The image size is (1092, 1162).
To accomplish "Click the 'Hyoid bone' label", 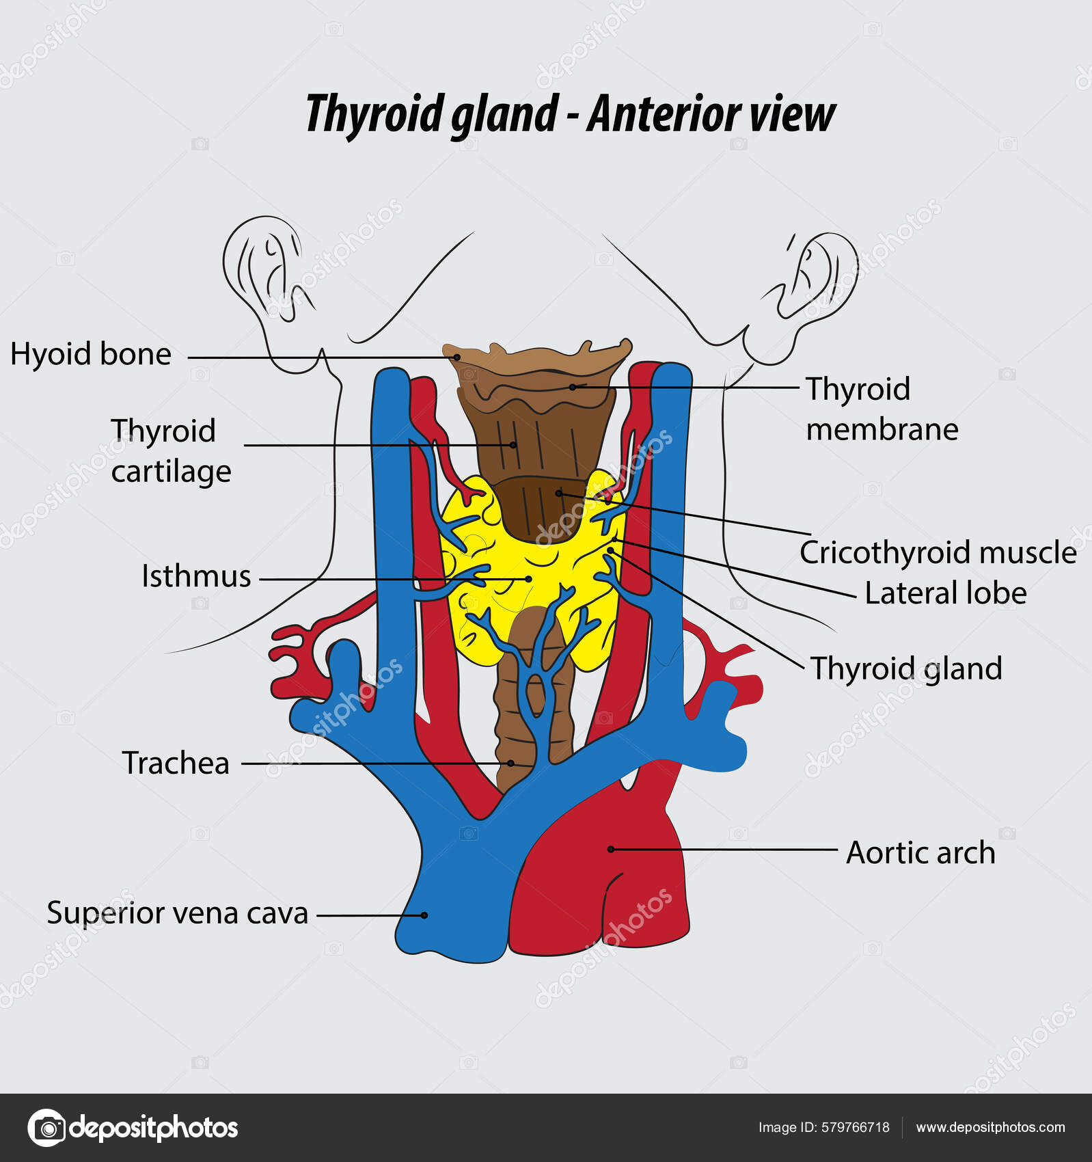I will (90, 354).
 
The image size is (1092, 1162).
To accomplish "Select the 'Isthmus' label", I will (196, 576).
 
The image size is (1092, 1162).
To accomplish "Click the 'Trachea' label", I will (176, 763).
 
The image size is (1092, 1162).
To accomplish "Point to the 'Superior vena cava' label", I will (177, 913).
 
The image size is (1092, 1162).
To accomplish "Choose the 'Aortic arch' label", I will (920, 852).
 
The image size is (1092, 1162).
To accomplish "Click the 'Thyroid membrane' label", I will (882, 409).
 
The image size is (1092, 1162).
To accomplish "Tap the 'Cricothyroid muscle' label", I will (938, 552).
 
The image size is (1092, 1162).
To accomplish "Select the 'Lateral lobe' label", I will (945, 593).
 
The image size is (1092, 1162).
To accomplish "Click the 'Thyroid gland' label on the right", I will (905, 668).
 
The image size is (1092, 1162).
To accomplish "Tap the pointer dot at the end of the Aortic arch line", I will (611, 849).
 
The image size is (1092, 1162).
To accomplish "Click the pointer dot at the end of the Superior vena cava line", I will (424, 915).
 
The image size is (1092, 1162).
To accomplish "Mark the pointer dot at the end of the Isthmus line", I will (529, 579).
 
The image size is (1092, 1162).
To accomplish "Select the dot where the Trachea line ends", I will (510, 763).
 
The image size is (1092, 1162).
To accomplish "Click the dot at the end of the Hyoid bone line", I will (456, 357).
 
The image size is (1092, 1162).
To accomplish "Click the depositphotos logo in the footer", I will (133, 1128).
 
